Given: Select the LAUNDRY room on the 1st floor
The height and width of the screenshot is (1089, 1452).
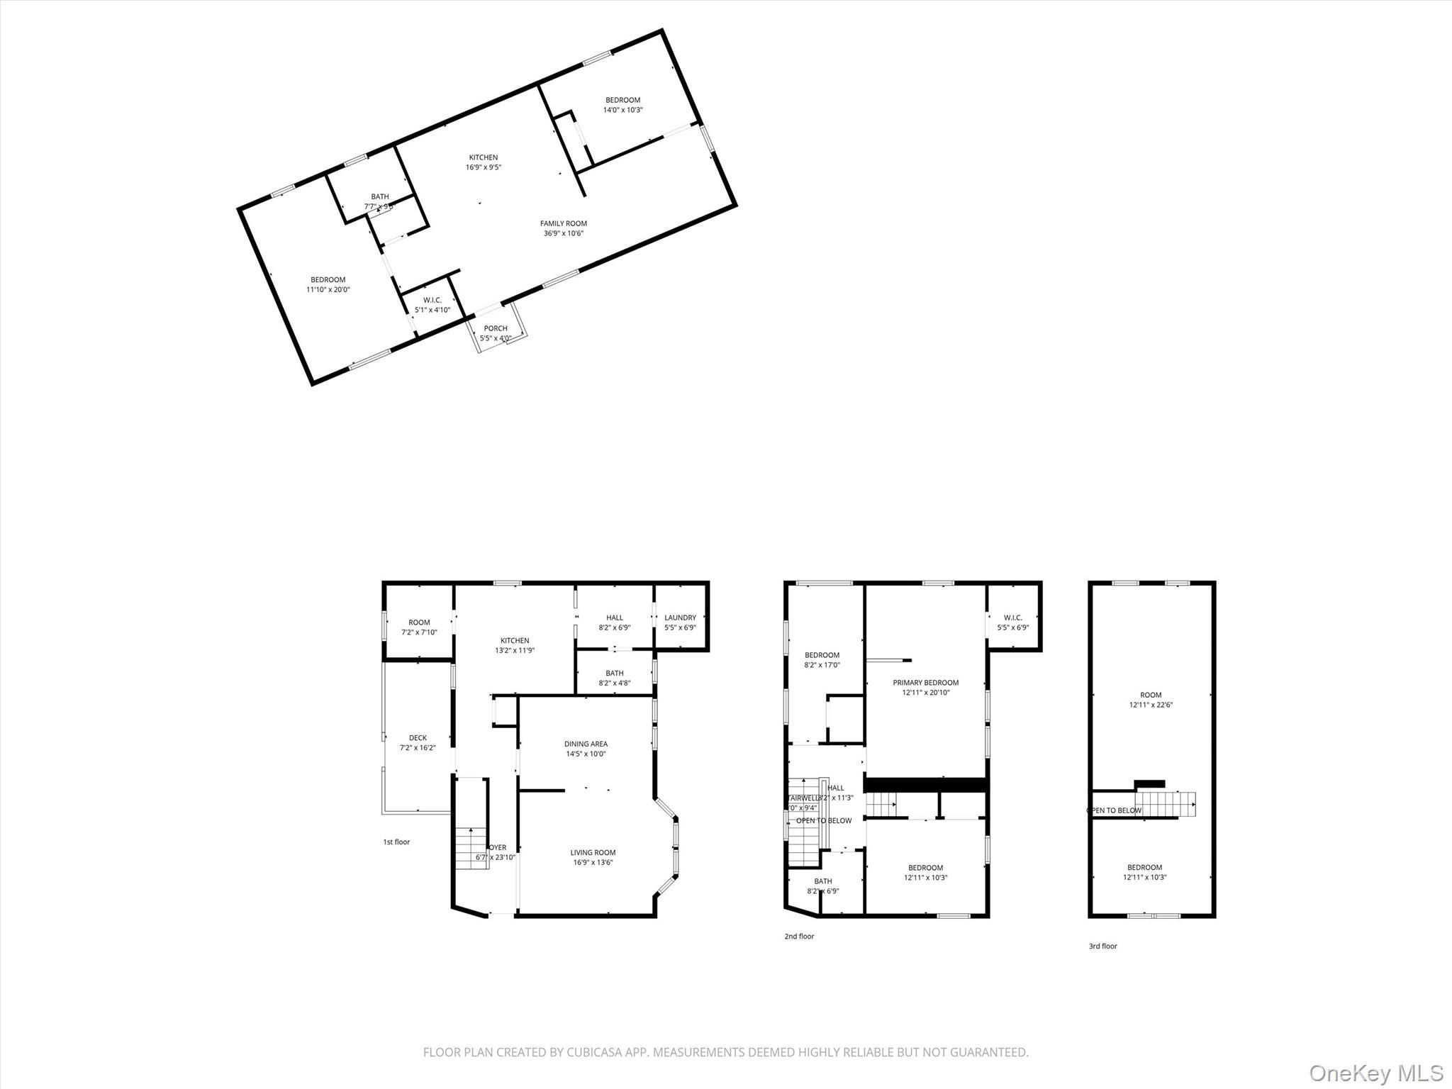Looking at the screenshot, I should [680, 622].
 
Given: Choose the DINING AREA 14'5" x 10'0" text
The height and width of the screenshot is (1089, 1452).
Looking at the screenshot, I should [586, 749].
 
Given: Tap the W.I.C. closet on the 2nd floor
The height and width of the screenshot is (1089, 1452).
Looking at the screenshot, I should [1012, 622].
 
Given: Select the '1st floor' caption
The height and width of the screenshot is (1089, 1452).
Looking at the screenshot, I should [396, 842].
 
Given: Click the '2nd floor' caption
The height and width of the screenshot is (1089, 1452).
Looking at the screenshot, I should [799, 937].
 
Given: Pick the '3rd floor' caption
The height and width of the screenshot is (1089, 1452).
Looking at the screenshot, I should [1102, 946].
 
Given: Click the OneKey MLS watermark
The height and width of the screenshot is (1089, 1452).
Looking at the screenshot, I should [1375, 1072].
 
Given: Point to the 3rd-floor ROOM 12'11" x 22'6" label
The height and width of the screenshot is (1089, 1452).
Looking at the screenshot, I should [1151, 700].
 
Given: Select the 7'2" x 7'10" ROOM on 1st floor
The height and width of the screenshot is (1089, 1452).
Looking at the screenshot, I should [419, 627].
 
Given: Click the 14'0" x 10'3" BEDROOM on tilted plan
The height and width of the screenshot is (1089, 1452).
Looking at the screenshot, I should [622, 105].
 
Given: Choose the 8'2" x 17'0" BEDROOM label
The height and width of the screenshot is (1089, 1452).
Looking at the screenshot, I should [822, 660].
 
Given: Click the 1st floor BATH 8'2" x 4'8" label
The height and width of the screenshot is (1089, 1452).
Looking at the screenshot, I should [615, 678].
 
